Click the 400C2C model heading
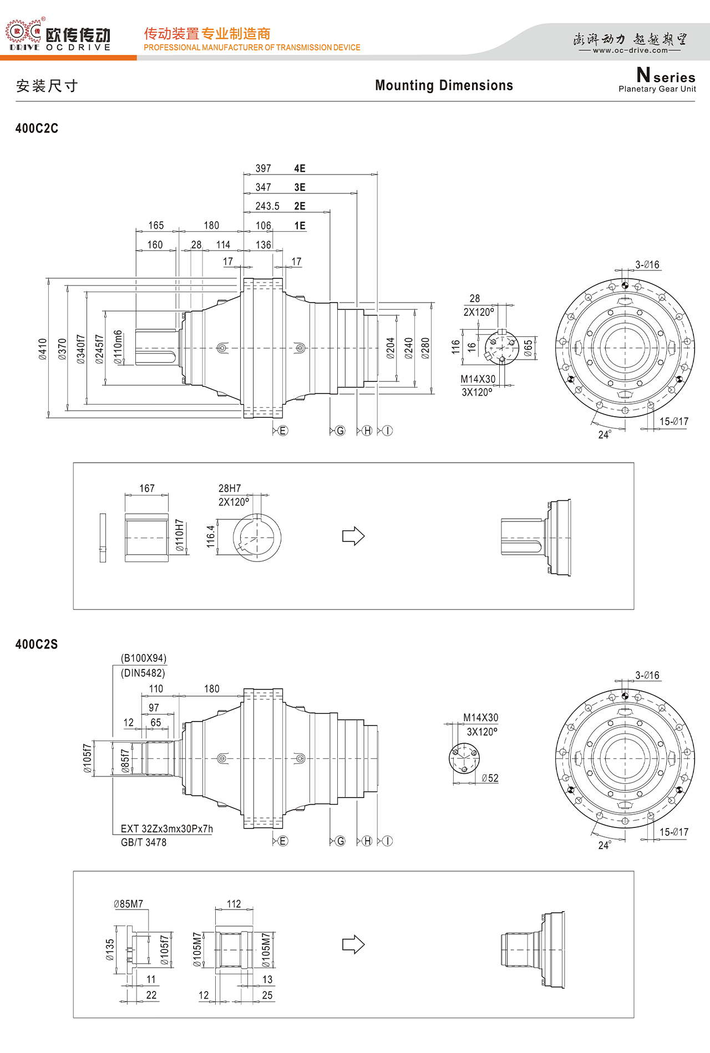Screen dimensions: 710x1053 (37, 129)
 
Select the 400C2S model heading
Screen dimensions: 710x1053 (37, 645)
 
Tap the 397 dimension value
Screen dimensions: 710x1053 (263, 168)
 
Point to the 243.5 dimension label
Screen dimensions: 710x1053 (267, 206)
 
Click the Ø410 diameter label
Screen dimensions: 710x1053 (43, 349)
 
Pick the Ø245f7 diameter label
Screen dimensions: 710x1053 (100, 349)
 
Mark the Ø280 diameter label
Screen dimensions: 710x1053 (425, 349)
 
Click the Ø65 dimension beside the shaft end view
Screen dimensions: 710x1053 (528, 348)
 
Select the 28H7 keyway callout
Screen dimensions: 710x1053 (230, 488)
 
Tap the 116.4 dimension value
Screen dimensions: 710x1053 (211, 537)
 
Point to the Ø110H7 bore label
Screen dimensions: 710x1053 (180, 535)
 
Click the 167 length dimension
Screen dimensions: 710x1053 (147, 488)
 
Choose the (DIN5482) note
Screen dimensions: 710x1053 (143, 673)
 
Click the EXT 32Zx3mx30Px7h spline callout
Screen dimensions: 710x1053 (167, 829)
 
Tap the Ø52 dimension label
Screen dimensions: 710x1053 (490, 779)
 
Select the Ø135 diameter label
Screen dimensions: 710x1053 (110, 950)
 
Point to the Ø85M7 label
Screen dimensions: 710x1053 (129, 904)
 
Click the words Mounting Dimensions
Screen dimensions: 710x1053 (444, 85)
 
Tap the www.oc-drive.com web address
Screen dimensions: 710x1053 (631, 50)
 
